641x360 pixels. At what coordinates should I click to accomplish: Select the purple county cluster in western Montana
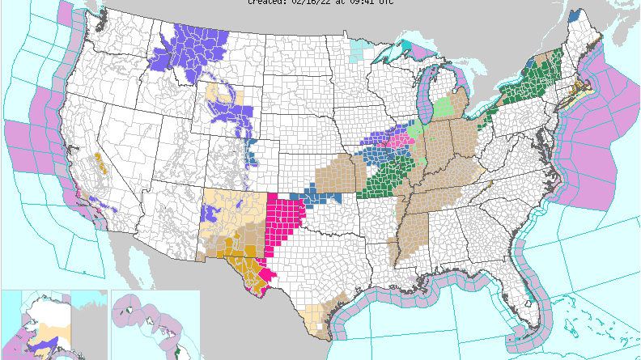188,52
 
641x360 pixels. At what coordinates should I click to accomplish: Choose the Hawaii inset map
154,324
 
